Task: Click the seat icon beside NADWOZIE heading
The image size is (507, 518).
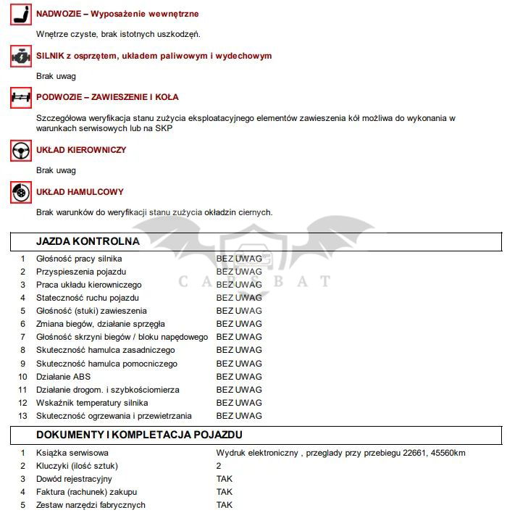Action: (x=20, y=14)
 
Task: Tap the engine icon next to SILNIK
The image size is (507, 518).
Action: (x=20, y=57)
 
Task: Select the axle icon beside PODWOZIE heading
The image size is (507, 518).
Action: (x=20, y=98)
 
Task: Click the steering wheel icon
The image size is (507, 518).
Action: (x=20, y=151)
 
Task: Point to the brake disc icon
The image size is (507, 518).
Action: (x=20, y=193)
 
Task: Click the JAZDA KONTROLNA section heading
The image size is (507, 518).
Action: (x=88, y=241)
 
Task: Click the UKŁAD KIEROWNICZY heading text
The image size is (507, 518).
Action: (x=81, y=150)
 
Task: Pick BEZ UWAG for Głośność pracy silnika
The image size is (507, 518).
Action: (x=239, y=259)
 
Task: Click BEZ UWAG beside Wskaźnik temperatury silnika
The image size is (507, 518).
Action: (x=239, y=403)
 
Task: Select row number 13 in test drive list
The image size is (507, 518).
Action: (x=22, y=416)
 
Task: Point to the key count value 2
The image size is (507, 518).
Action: (x=219, y=466)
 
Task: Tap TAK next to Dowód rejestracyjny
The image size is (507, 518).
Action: (x=225, y=479)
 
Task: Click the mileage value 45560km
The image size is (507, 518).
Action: (x=448, y=453)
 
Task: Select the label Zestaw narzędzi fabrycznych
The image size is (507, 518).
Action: (x=91, y=505)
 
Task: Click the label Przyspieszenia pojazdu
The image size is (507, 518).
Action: (x=81, y=272)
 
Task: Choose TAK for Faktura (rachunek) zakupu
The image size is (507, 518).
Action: (x=225, y=492)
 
